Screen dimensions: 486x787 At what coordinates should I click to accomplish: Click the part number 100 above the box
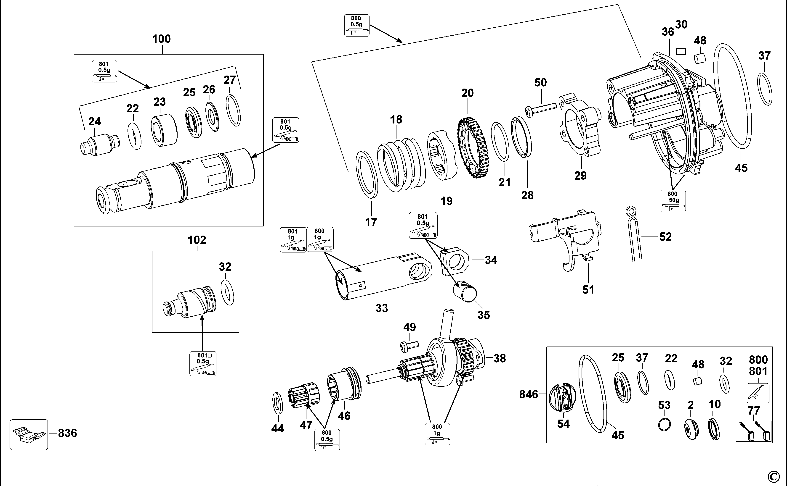click(161, 39)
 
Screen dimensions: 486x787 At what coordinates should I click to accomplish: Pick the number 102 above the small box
click(197, 240)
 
